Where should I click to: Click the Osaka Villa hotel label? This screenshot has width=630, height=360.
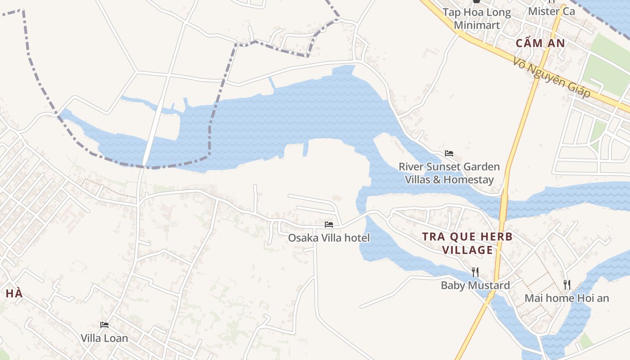[x=328, y=238]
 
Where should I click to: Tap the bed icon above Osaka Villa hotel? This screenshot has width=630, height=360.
[x=329, y=224]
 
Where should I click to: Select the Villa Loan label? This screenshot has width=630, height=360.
[x=104, y=338]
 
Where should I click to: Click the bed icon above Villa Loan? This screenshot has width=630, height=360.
[x=104, y=324]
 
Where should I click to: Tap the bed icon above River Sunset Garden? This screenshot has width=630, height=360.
[x=449, y=153]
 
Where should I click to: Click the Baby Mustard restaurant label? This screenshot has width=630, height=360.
[x=475, y=285]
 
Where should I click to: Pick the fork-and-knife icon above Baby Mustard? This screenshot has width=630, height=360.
[x=475, y=272]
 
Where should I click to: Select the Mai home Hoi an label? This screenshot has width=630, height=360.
[x=567, y=298]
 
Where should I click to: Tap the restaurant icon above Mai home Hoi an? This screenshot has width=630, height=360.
[x=567, y=284]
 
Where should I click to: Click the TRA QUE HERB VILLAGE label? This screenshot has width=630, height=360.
[x=468, y=243]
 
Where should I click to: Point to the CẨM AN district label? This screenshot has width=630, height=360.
[x=540, y=43]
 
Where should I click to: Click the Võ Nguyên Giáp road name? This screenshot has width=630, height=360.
[x=551, y=79]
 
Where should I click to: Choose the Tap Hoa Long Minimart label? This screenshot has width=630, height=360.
[x=477, y=18]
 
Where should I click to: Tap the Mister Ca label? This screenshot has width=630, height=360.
[x=551, y=11]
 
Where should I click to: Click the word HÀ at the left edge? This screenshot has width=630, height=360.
[x=14, y=294]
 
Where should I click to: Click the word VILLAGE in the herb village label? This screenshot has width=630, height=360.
[x=468, y=250]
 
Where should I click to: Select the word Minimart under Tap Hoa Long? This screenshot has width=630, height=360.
[x=477, y=25]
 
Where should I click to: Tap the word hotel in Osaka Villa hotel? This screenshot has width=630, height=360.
[x=356, y=238]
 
